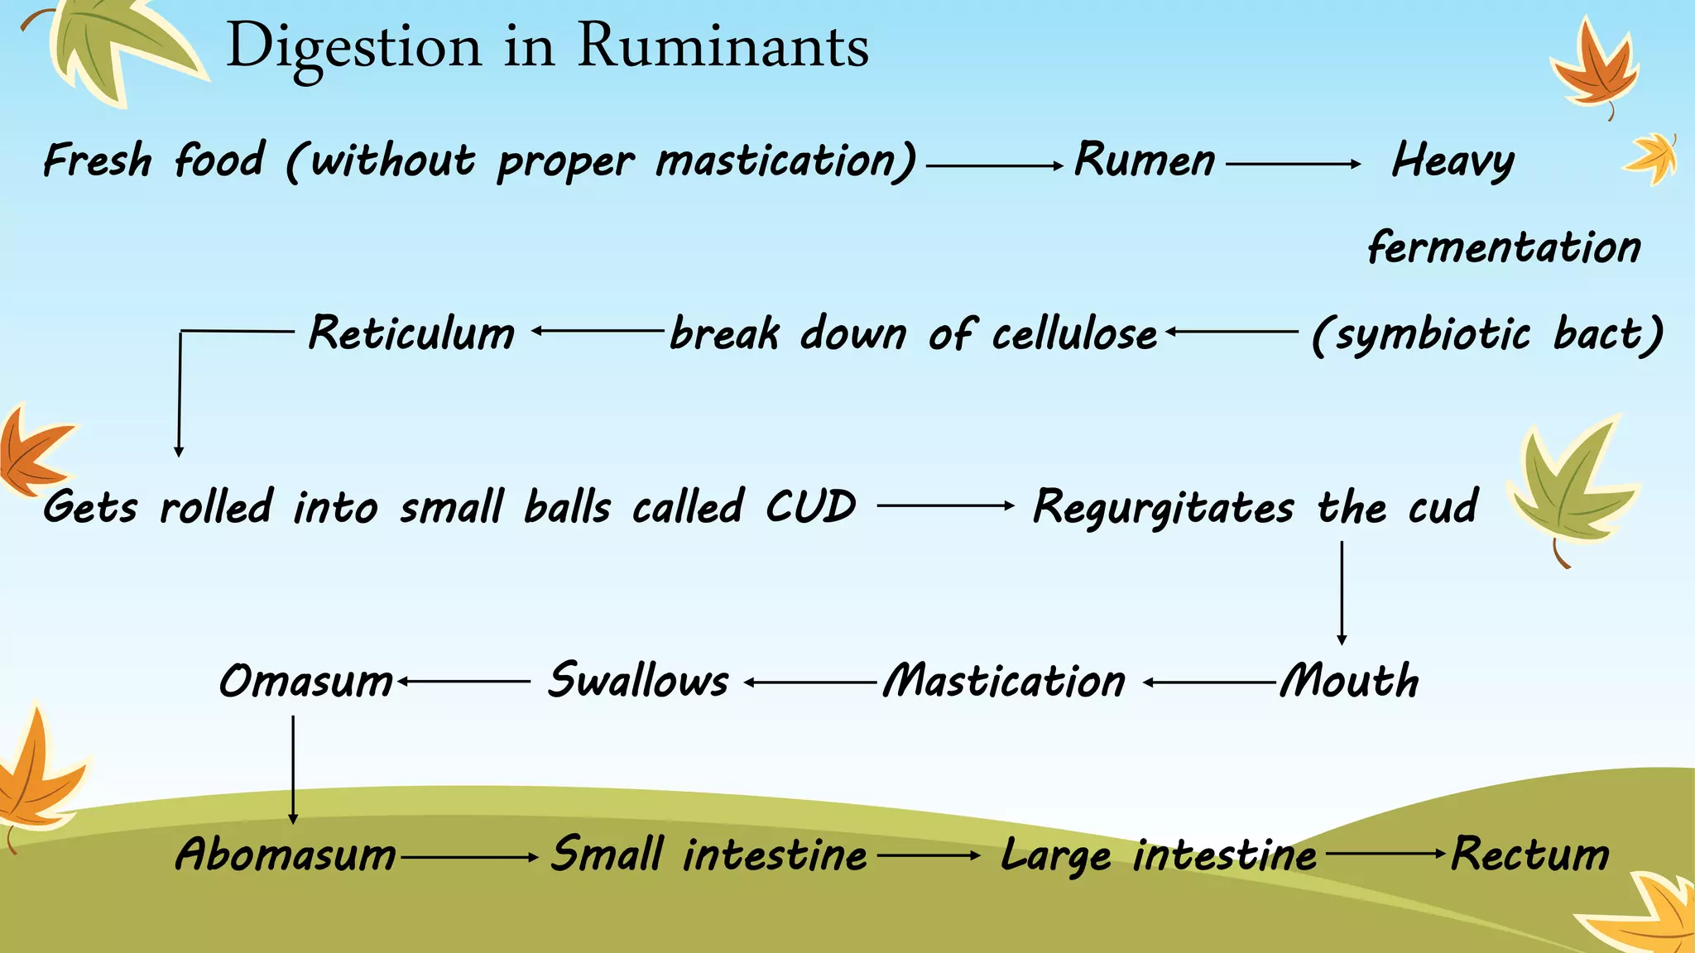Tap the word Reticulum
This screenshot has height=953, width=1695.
tap(411, 333)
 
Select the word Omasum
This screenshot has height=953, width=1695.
tap(306, 682)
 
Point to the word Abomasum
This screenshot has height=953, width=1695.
tap(286, 855)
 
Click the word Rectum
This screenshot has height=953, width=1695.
tap(1530, 855)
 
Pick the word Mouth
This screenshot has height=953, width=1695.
tap(1350, 682)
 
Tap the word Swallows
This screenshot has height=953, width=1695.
tap(638, 682)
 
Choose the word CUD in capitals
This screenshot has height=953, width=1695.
tap(810, 506)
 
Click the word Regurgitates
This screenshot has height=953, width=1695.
tap(1163, 508)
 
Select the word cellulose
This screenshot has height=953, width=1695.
tap(1074, 334)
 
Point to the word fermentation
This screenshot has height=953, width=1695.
tap(1504, 247)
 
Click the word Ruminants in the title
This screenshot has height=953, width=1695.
tap(723, 45)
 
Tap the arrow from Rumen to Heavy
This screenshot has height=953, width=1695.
tap(1293, 165)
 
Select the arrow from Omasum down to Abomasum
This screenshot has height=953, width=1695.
tap(293, 769)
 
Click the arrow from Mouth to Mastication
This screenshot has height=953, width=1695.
tap(1210, 682)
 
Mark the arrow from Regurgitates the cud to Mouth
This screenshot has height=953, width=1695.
tap(1342, 592)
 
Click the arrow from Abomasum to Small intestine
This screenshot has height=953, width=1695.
tap(469, 858)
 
